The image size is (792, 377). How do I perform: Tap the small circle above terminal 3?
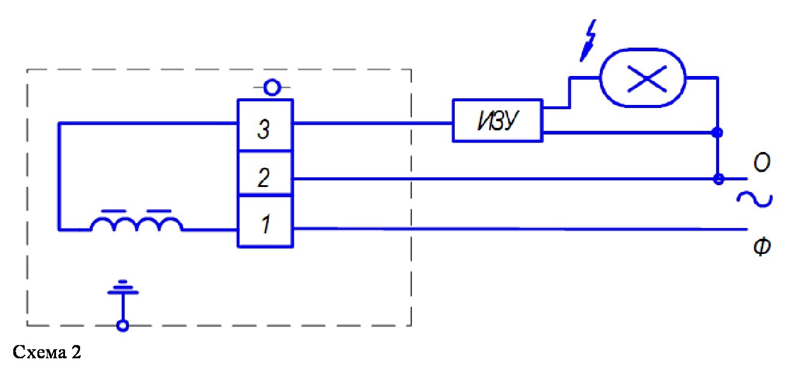tap(272, 88)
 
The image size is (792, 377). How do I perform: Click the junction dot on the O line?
tap(717, 179)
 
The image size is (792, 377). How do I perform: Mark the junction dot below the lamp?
tap(717, 132)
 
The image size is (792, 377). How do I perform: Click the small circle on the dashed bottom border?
tap(123, 326)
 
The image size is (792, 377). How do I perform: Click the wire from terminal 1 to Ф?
tap(518, 229)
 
